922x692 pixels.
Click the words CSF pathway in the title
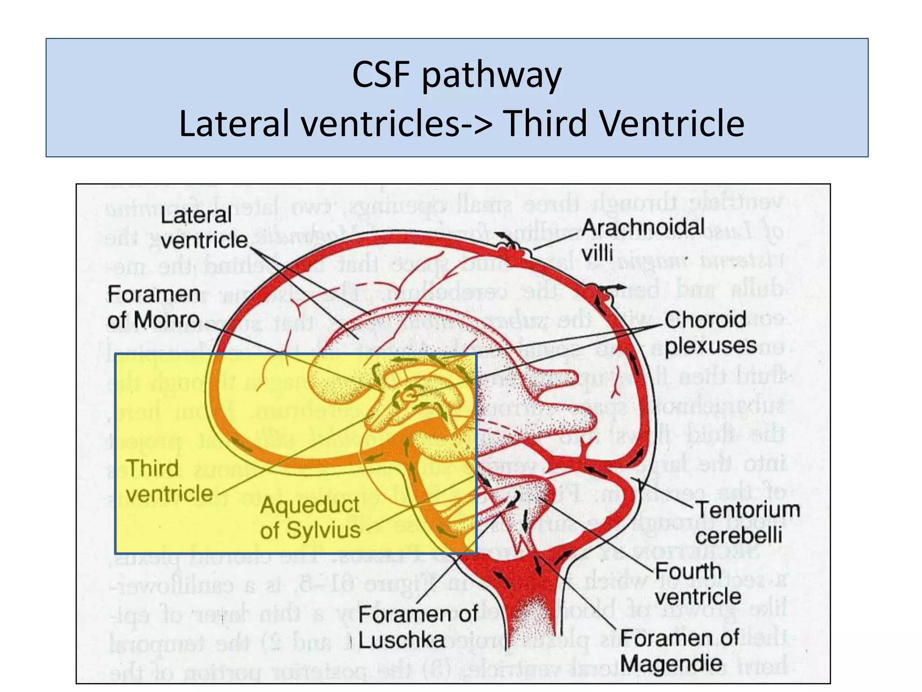click(x=456, y=75)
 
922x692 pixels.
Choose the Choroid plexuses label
click(x=710, y=332)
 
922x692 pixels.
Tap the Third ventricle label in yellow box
click(x=169, y=481)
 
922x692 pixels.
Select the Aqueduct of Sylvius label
click(x=310, y=517)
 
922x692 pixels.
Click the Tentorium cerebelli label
click(x=746, y=523)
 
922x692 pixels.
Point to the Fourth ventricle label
click(x=697, y=584)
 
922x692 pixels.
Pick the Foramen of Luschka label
click(x=417, y=627)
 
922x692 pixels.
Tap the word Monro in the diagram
click(x=166, y=320)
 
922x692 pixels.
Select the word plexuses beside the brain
click(x=710, y=346)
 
